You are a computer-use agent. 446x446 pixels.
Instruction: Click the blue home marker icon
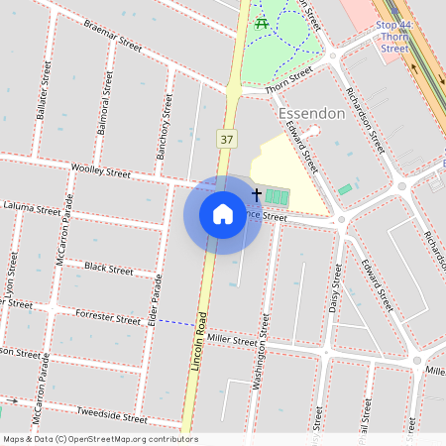pyautogui.click(x=223, y=214)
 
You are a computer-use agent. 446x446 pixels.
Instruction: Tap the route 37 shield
pyautogui.click(x=227, y=138)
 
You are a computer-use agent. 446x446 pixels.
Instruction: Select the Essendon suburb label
pyautogui.click(x=311, y=113)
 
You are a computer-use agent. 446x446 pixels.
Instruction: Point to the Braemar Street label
pyautogui.click(x=114, y=37)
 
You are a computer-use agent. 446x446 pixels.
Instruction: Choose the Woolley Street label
pyautogui.click(x=101, y=170)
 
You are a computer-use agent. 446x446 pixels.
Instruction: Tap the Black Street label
pyautogui.click(x=109, y=268)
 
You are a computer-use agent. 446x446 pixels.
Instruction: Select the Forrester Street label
pyautogui.click(x=108, y=318)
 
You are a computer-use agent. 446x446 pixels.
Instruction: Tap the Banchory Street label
pyautogui.click(x=163, y=127)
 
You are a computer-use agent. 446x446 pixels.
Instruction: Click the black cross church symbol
pyautogui.click(x=257, y=195)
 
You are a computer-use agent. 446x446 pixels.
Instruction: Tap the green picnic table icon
pyautogui.click(x=262, y=22)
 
